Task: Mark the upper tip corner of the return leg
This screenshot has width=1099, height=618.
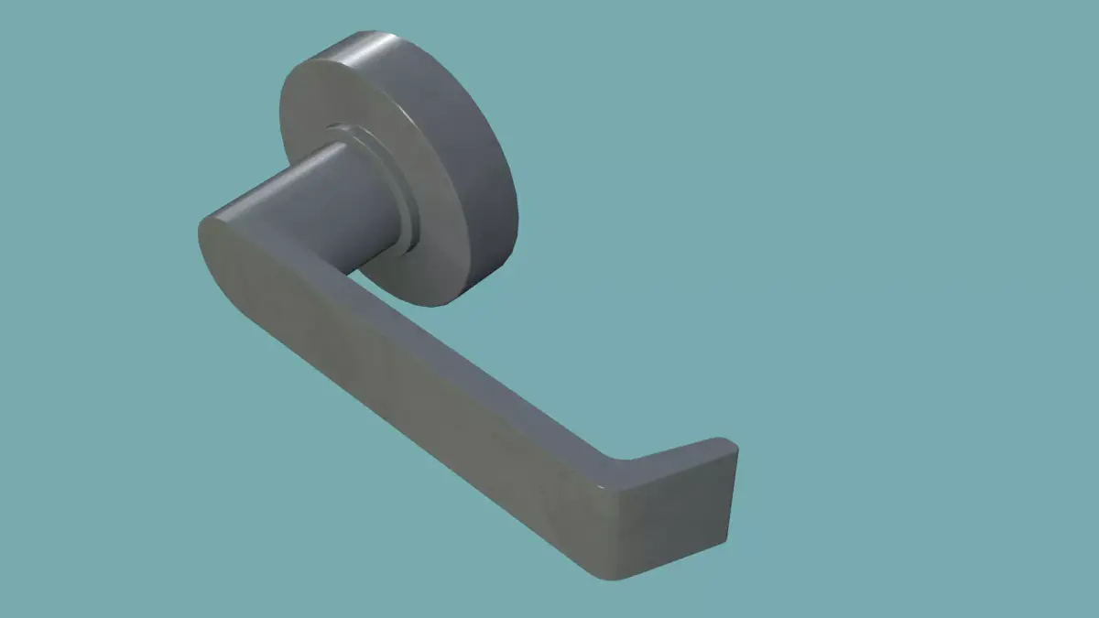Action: click(x=734, y=445)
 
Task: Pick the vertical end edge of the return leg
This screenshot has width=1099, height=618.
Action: click(x=734, y=494)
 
